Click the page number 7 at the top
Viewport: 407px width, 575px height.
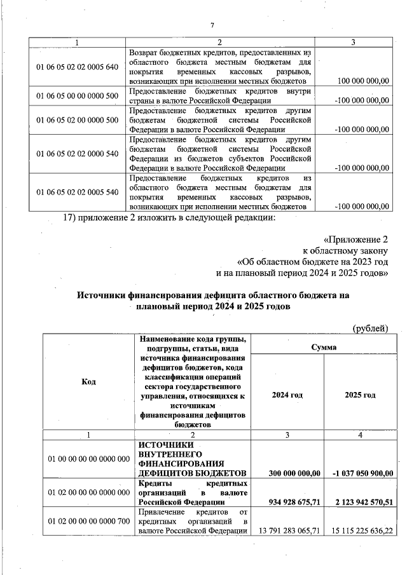click(x=212, y=25)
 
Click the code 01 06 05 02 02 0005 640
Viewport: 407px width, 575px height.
click(x=78, y=67)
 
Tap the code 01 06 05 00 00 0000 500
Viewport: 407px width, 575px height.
click(x=78, y=95)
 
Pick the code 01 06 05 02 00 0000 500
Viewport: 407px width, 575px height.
click(x=78, y=119)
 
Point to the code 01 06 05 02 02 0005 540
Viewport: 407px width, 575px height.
click(x=78, y=191)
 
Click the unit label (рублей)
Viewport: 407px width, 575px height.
click(x=370, y=328)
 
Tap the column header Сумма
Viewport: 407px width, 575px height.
click(x=324, y=348)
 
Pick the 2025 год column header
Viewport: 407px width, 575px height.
click(x=360, y=395)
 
